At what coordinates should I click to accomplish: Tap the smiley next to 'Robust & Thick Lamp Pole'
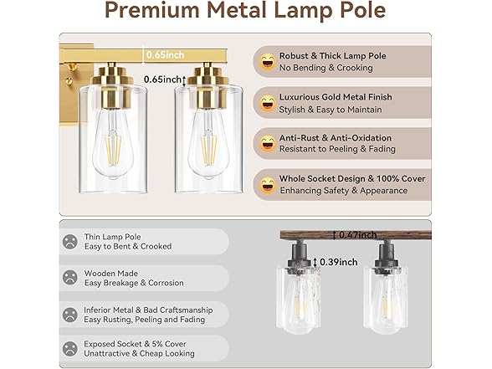(x=268, y=61)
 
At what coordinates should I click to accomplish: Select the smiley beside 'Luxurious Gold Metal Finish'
(x=268, y=103)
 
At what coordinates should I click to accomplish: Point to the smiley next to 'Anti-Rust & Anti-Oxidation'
(x=268, y=144)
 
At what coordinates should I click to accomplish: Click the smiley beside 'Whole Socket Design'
(x=268, y=184)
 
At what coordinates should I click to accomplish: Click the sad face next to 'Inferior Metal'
(x=69, y=315)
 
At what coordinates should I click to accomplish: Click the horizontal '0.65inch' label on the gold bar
(x=165, y=55)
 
